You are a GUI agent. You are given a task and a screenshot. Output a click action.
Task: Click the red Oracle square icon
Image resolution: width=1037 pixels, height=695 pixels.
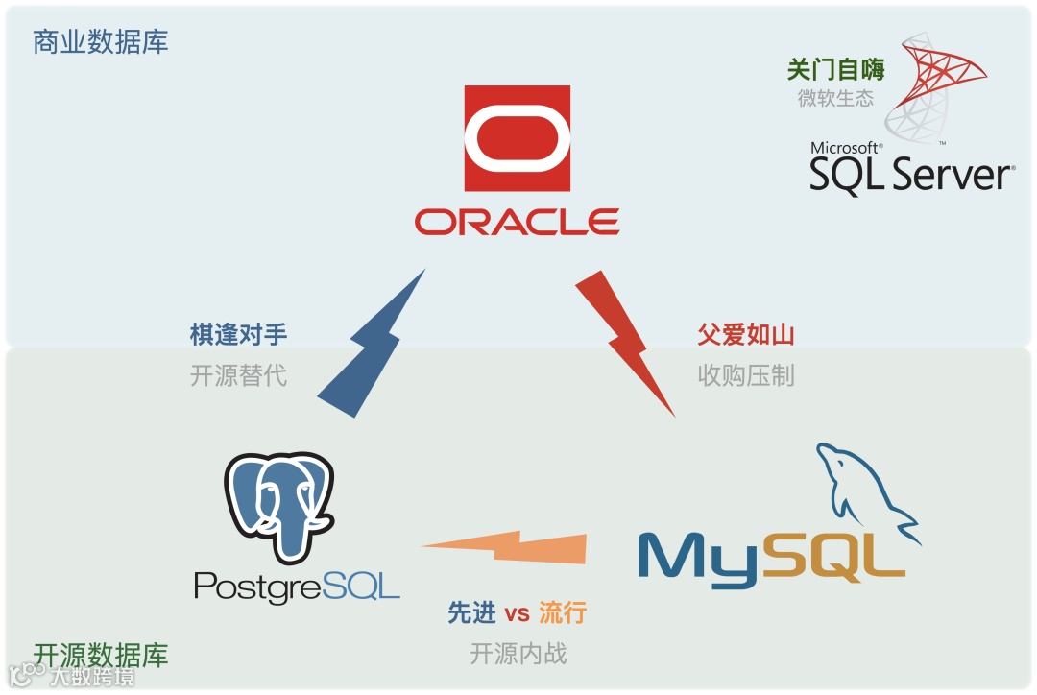coord(517,137)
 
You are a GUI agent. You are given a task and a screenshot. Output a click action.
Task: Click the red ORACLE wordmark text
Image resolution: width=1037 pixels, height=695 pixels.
coord(517,222)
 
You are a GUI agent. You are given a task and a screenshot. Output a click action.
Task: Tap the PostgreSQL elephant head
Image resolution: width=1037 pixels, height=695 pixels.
coord(278,504)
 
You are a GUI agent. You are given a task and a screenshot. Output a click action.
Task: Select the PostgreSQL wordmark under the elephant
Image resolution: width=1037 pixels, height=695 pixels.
coord(297,585)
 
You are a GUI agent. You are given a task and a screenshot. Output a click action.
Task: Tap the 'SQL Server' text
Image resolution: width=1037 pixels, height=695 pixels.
coord(910,176)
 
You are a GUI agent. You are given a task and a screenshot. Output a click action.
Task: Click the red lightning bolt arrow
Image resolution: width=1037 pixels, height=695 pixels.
coord(625,341)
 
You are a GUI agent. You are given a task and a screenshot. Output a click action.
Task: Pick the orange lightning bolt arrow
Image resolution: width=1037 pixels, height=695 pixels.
coord(505,546)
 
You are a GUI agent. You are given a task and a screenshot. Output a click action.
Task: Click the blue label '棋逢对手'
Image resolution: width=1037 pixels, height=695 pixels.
coord(238,334)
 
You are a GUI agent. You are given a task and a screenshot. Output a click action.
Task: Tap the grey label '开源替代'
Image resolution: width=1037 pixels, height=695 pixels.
coord(238,374)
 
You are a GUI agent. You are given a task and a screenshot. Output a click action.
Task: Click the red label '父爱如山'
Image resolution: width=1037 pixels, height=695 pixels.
coord(746,334)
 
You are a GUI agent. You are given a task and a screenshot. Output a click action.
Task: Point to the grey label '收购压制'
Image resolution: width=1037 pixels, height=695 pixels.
coord(746,374)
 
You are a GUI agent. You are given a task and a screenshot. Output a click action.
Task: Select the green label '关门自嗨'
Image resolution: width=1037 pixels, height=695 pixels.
coord(835,69)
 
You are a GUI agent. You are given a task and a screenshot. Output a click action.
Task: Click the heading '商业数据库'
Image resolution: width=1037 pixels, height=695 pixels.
coord(101,42)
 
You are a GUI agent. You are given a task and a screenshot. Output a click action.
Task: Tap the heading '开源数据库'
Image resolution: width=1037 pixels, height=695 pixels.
coord(101,655)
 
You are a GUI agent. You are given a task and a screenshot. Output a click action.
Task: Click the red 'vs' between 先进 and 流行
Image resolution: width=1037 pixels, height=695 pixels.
coord(518,612)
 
